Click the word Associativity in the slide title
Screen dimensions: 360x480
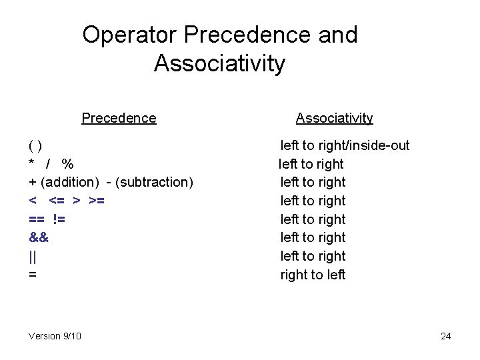219,64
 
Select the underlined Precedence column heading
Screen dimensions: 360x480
119,118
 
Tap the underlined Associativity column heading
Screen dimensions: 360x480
334,118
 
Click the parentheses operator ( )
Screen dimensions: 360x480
36,145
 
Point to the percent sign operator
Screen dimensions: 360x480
67,164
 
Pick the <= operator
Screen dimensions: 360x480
57,201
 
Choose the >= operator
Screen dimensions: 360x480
96,201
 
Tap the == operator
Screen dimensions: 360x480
37,219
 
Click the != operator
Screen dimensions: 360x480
59,219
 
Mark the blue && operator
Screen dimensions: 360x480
39,237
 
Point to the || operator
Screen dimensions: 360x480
32,256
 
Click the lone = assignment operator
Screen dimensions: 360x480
33,274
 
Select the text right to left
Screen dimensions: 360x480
313,274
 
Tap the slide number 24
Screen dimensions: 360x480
446,336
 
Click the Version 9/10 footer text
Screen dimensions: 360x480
55,336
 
